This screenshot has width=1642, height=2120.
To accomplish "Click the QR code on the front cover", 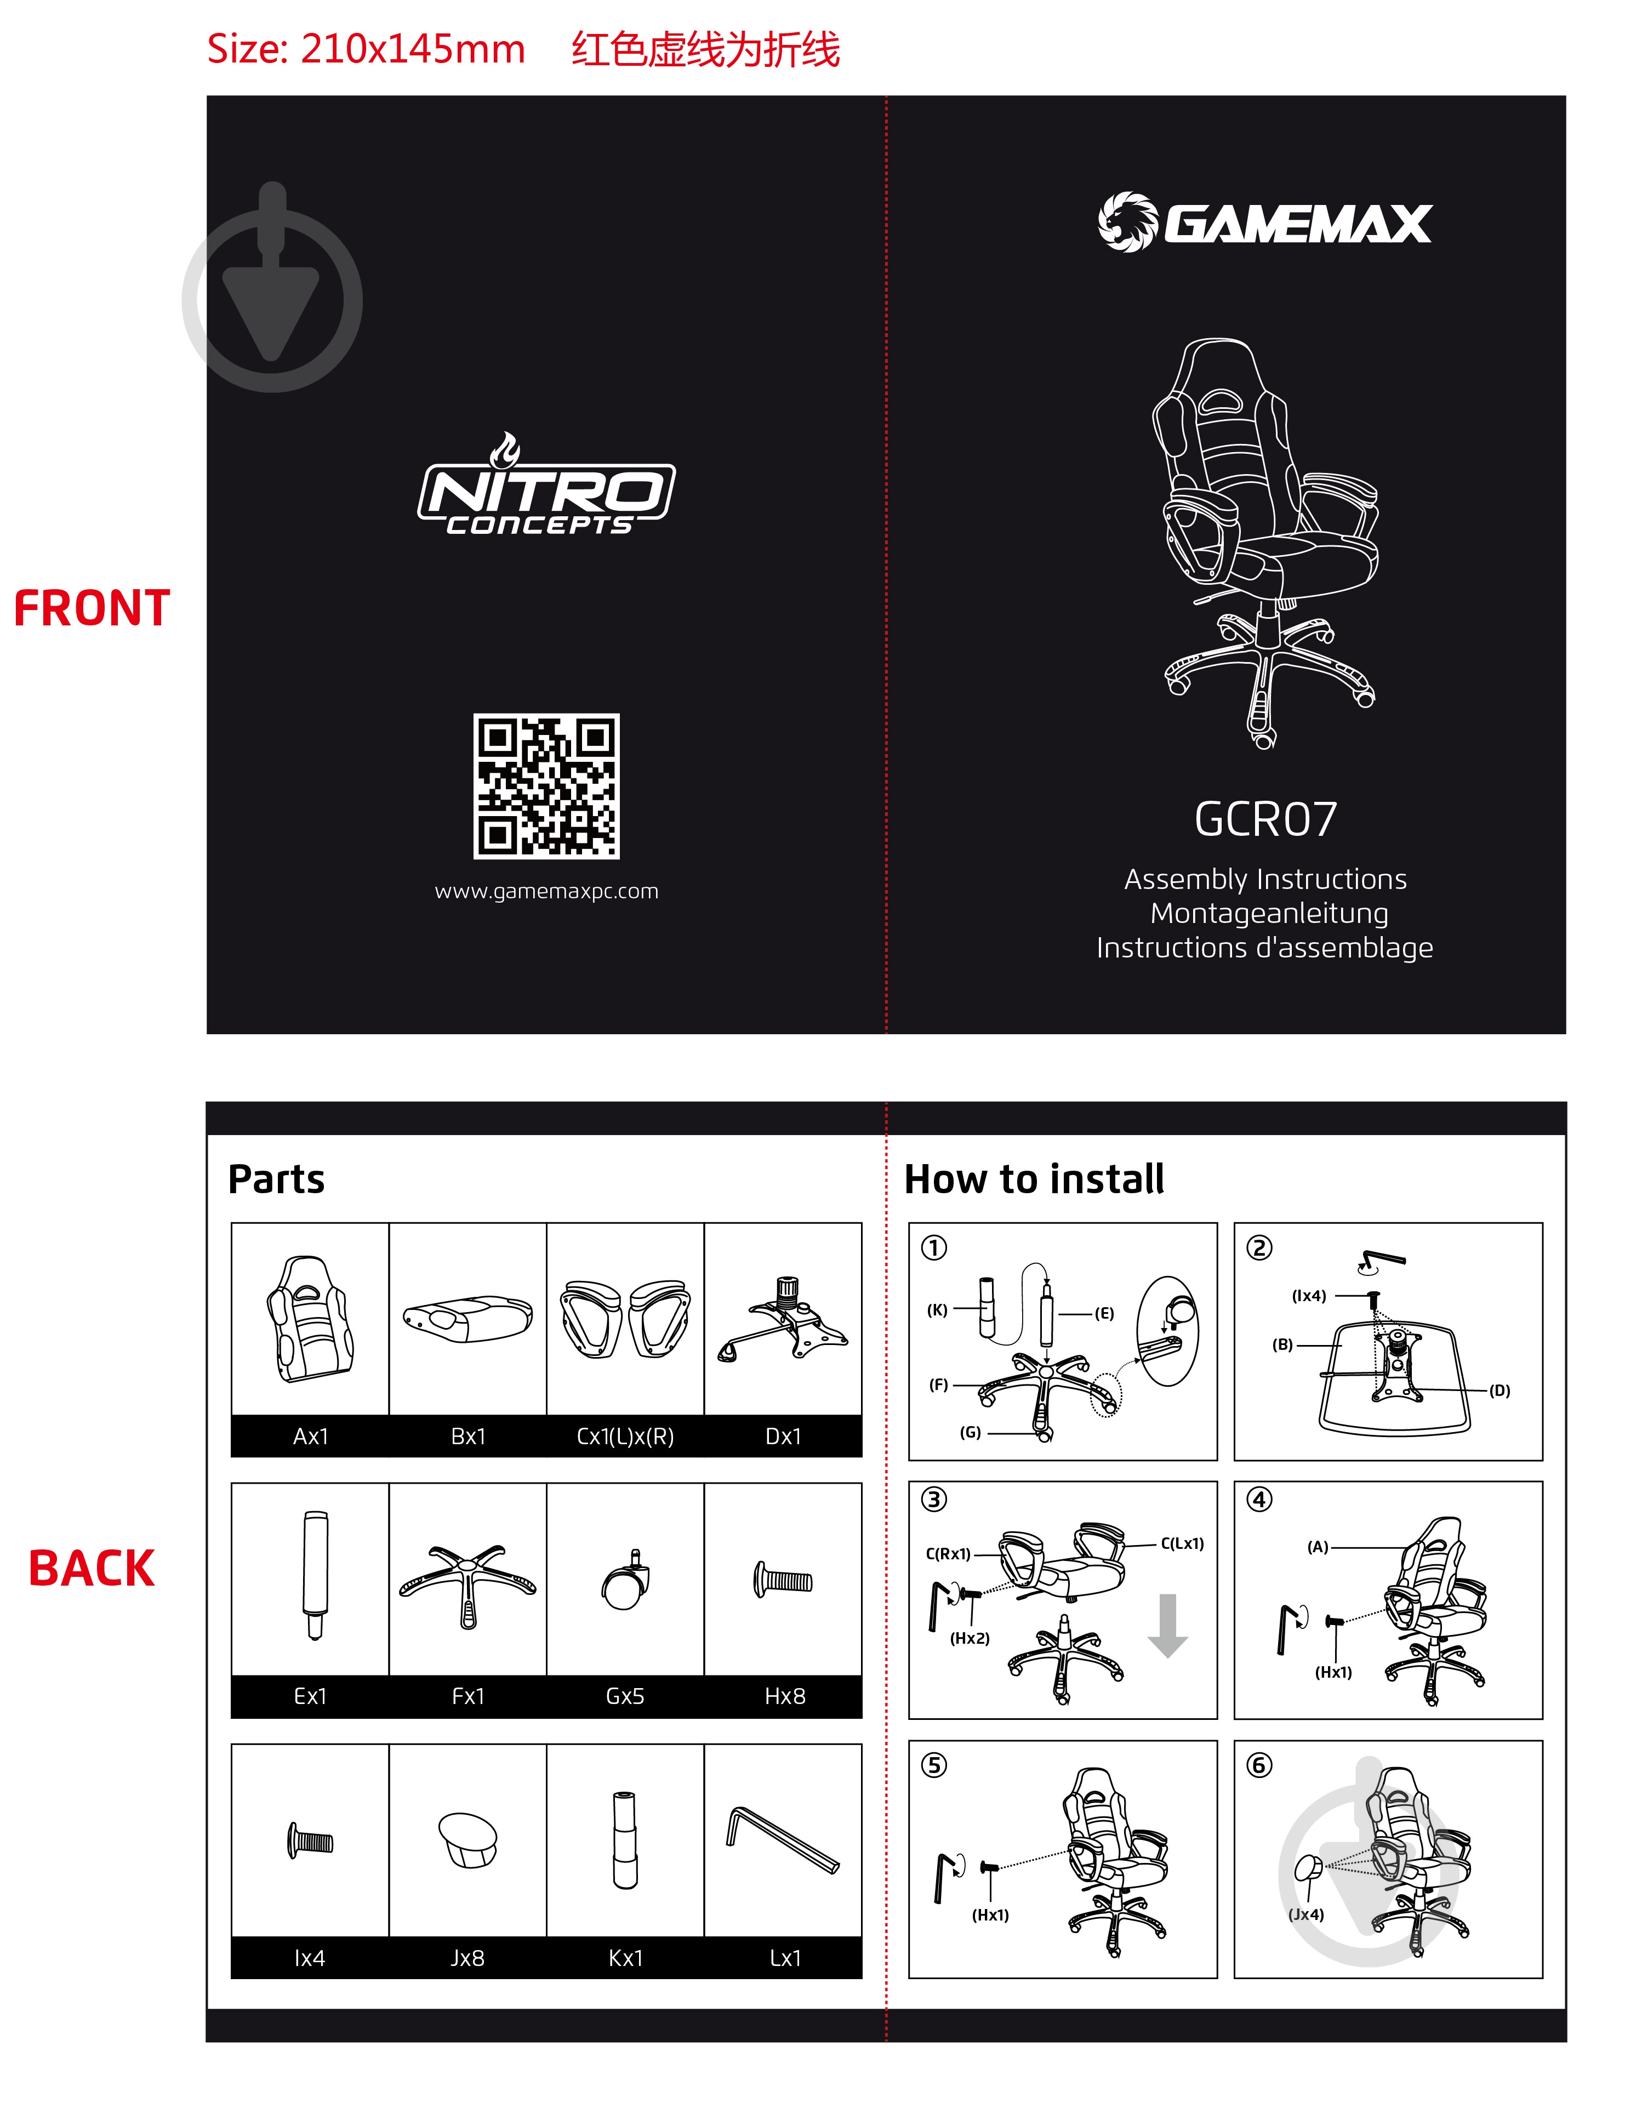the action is pos(546,787).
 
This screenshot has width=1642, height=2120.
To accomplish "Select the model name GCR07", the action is pos(1265,819).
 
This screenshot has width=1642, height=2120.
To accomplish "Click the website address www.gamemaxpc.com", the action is pos(546,891).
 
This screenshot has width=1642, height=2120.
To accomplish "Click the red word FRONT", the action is pos(92,608).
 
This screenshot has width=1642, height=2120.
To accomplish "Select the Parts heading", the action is pos(277,1179).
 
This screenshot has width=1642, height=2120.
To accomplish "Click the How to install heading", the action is pos(1035,1179).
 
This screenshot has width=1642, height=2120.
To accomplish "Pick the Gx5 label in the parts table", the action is pos(625,1696).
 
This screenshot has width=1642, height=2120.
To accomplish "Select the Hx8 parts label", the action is pos(785,1696).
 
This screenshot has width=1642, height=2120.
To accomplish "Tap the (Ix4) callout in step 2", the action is pos(1309,1296).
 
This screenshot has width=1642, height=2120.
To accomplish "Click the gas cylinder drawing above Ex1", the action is pos(315,1575).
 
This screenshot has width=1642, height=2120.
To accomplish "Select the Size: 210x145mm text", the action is pos(366,49).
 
